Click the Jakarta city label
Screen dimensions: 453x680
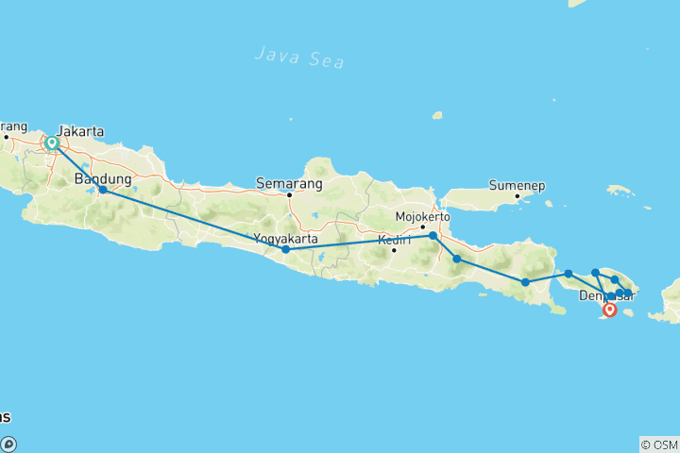[x=80, y=131]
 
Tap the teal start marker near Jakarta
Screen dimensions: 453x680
[x=53, y=143]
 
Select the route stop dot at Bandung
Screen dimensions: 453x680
[x=103, y=190]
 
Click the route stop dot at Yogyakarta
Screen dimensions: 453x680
[x=285, y=249]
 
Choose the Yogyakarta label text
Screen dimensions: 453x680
[x=286, y=239]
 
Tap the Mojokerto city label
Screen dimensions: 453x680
[x=421, y=216]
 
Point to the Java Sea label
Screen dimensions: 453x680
[x=299, y=57]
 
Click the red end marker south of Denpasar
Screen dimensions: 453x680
[x=610, y=309]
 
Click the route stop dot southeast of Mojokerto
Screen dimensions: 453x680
[x=456, y=259]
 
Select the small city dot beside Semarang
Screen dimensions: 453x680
[x=289, y=195]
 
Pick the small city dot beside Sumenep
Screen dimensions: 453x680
[x=518, y=196]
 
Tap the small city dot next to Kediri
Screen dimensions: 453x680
[x=394, y=250]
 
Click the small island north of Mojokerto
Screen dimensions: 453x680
[x=437, y=116]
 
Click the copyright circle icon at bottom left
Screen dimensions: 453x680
[x=8, y=445]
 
